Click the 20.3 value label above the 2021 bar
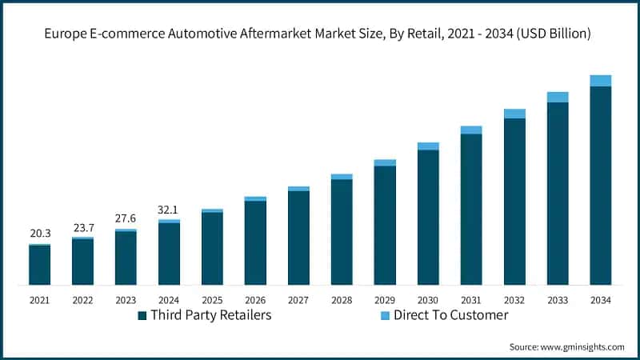40,234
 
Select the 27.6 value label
126,218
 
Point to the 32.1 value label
170,209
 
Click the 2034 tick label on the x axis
601,300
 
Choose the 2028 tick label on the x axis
342,300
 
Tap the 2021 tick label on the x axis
40,300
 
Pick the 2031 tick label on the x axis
471,300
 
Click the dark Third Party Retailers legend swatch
142,315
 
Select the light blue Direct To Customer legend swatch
383,315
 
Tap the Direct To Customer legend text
450,315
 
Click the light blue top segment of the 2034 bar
601,80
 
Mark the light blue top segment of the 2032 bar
514,114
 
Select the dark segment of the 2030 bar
428,216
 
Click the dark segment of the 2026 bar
255,242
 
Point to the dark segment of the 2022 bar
83,262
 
